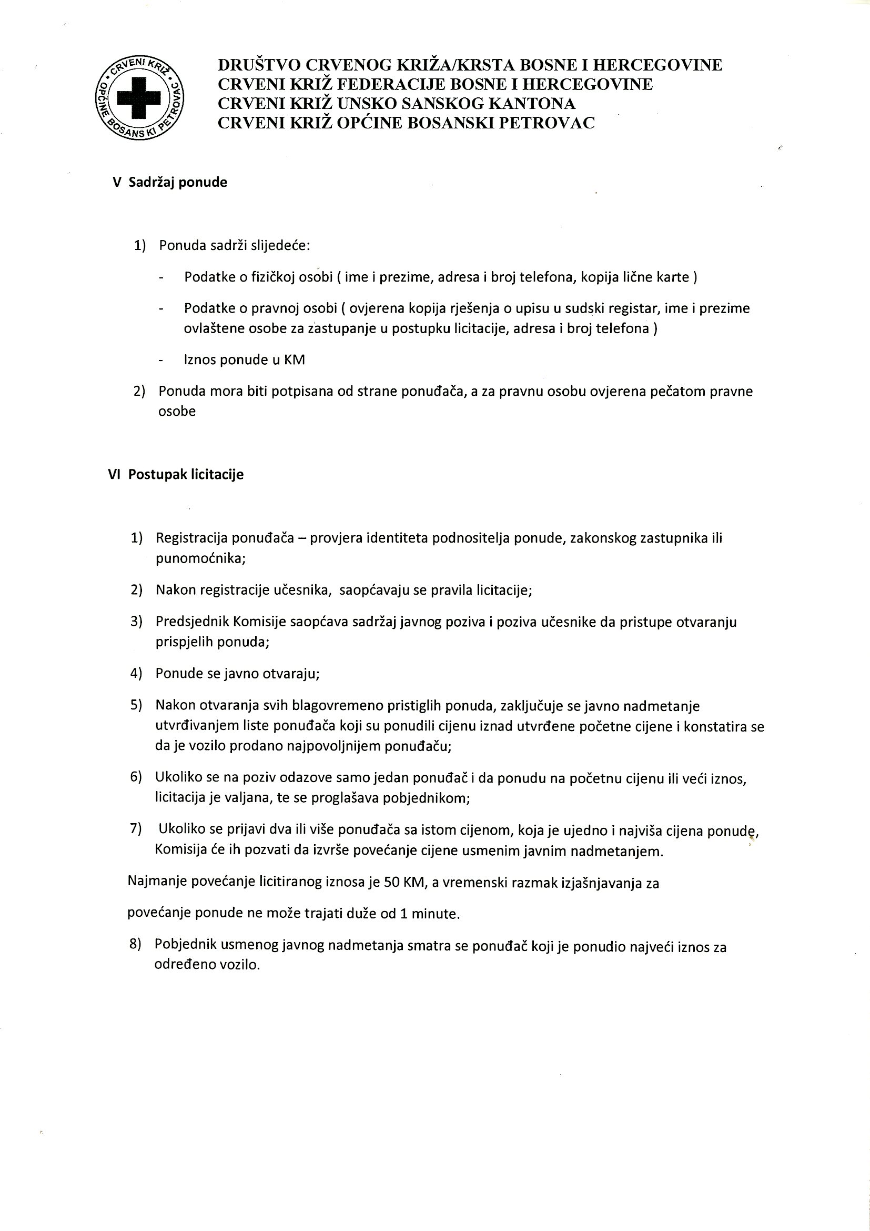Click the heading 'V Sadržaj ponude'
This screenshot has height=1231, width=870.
[x=170, y=182]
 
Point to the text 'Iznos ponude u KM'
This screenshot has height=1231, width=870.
[x=244, y=360]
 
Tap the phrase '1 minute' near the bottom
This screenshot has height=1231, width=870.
[x=430, y=913]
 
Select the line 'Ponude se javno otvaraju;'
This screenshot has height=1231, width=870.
[x=237, y=674]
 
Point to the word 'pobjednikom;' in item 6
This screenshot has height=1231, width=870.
[x=432, y=798]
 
